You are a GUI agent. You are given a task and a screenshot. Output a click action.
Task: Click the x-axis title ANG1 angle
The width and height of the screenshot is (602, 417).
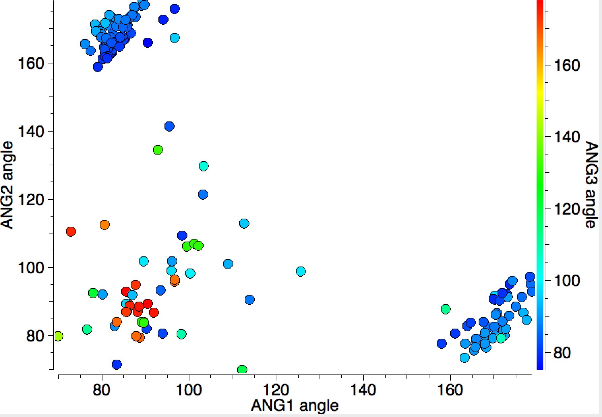pos(295,406)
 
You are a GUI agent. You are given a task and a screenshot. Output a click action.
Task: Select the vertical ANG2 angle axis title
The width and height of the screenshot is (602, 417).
pos(7,185)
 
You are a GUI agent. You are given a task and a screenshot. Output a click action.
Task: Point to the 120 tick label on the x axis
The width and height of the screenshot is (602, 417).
pos(276,390)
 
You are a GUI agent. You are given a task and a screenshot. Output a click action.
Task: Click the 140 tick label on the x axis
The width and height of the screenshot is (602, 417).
pos(363,390)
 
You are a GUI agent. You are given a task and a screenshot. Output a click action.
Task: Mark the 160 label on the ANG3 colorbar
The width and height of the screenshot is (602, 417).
pos(567,65)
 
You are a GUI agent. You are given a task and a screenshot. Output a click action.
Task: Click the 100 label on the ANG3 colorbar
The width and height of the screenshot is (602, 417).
pos(567,281)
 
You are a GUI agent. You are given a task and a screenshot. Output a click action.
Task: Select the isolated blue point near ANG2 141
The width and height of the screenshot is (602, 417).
pos(169,127)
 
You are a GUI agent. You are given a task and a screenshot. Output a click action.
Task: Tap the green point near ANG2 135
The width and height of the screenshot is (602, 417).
pos(158,150)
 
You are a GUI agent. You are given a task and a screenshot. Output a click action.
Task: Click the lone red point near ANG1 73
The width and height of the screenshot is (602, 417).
pos(71,232)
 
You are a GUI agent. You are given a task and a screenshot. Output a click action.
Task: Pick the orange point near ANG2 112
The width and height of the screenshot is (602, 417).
pos(104,225)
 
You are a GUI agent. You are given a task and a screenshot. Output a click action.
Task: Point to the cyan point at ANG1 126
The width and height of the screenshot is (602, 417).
pos(301,271)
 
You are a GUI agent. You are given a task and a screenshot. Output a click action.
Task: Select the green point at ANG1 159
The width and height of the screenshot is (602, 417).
pos(446,309)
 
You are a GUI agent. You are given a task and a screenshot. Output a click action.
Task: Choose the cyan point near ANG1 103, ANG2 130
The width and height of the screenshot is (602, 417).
pos(204,166)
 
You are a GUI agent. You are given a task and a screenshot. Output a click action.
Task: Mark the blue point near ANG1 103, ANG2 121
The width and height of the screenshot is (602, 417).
pos(203,195)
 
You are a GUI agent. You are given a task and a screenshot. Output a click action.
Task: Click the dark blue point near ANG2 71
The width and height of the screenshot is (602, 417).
pos(117,364)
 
